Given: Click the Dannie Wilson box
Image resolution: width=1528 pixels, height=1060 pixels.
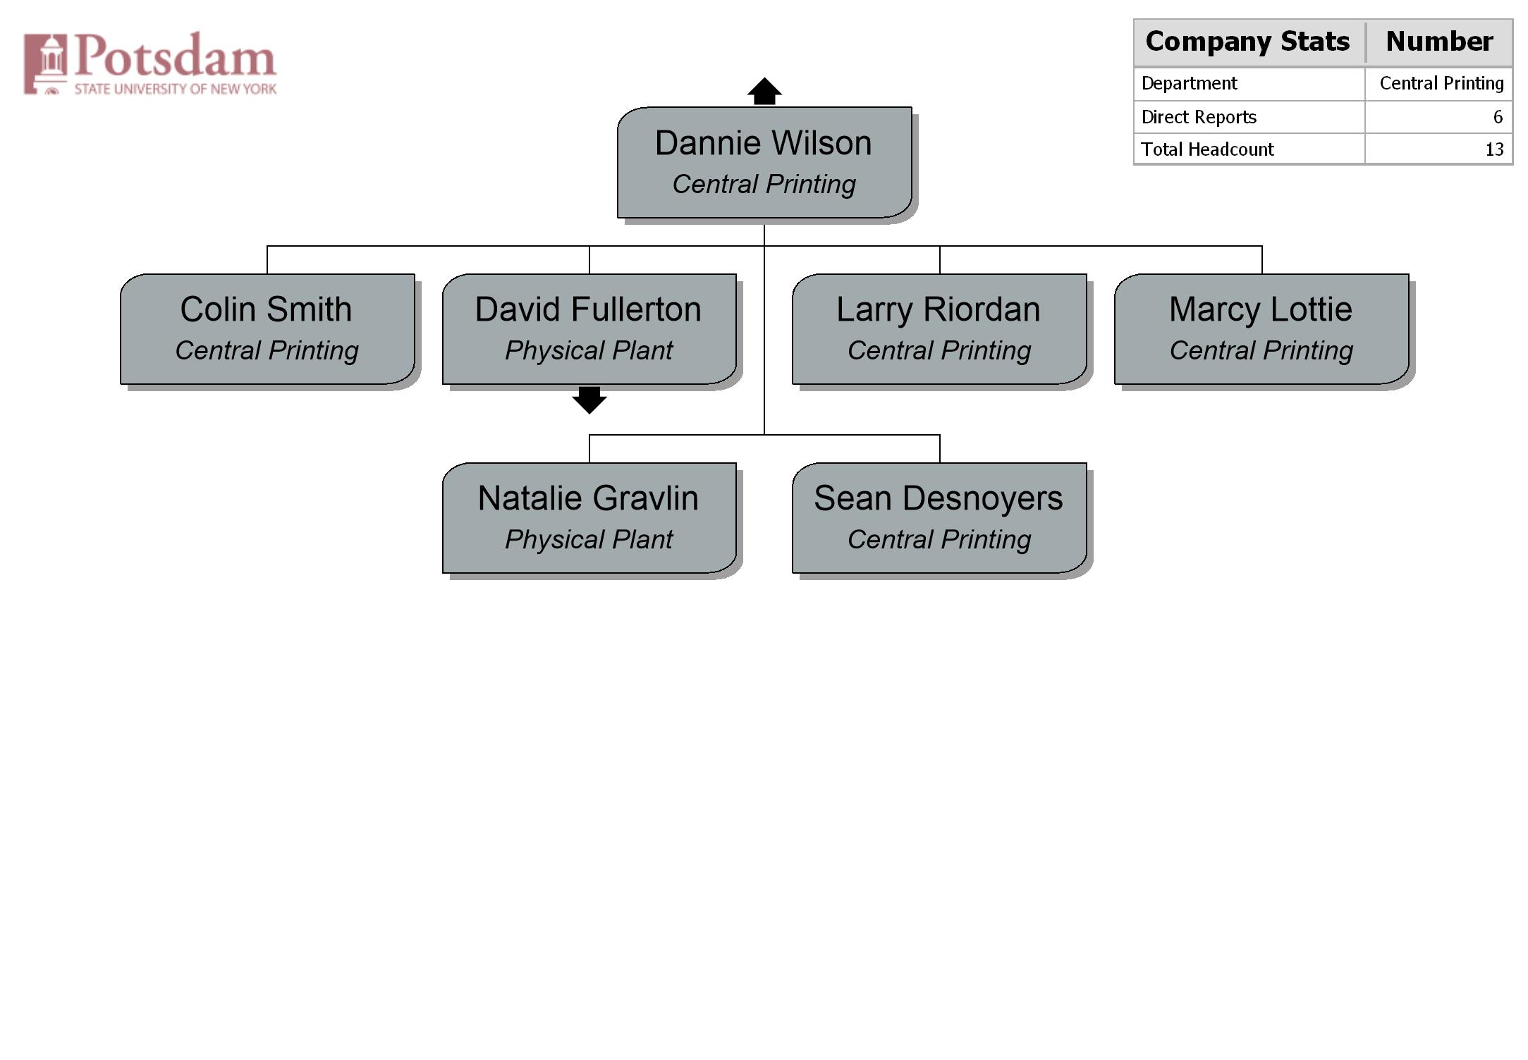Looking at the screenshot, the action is coord(764,163).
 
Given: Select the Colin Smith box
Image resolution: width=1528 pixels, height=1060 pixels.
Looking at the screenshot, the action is coord(267,329).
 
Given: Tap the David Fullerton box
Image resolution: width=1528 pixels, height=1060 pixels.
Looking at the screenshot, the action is coord(589,329).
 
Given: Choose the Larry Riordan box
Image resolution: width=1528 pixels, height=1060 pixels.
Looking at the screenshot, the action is coord(939,329).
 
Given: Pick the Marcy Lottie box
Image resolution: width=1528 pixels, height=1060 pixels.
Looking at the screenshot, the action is coord(1261,329).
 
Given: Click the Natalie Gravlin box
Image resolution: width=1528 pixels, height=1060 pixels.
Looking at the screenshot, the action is coord(589,518).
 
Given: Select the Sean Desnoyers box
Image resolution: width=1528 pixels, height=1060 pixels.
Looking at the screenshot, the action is coord(939,518).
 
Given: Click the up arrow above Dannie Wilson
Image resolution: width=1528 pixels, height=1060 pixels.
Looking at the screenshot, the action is coord(764,91).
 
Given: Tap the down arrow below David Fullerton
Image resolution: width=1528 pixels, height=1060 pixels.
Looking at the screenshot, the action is coord(589,400).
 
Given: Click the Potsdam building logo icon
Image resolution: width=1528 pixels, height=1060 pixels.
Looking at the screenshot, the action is coord(46,63).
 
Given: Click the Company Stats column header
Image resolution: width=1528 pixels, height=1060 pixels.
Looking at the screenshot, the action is coord(1247,41).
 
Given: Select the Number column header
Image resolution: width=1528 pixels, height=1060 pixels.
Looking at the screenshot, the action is coord(1439,41).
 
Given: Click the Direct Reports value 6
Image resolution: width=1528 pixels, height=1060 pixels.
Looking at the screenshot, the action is coord(1498,117).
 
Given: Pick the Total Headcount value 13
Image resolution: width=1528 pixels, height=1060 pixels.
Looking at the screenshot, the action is coord(1494,149).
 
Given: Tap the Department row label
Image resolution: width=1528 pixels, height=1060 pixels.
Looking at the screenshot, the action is coord(1189,84).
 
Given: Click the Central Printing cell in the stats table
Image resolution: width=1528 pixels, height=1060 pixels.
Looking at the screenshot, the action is coord(1441,84).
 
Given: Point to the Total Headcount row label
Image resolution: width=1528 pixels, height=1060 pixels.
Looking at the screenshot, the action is coord(1207,149).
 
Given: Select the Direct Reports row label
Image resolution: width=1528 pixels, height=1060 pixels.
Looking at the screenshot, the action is coord(1199,117).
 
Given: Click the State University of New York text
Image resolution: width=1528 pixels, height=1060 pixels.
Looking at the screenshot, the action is coord(176,89).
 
